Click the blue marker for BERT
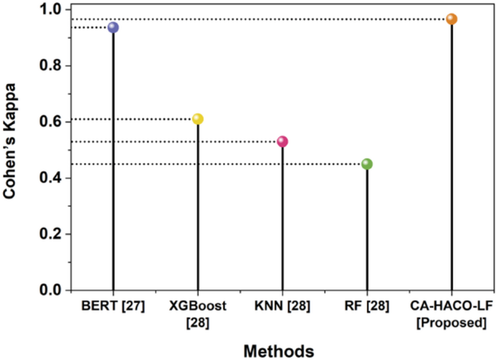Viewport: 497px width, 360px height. coord(112,28)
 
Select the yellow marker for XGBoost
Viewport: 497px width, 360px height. coord(197,119)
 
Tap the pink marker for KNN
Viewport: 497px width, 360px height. coord(282,142)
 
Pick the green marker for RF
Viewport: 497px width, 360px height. coord(367,164)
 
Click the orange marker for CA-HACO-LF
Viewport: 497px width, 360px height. coord(451,19)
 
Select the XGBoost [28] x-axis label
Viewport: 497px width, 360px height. coord(197,314)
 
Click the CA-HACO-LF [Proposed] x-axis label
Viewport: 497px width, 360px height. coord(451,314)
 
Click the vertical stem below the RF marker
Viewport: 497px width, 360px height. coord(367,232)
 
